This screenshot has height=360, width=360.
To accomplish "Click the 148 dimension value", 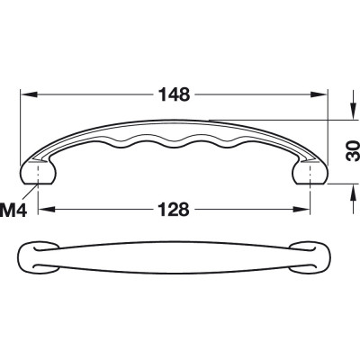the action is tap(174, 94).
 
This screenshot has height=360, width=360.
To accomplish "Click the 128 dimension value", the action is tap(174, 209).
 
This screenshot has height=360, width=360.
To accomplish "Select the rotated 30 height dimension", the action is tap(353, 151).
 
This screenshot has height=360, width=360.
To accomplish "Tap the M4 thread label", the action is tap(13, 210).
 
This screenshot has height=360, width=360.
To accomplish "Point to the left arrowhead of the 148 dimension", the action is tap(29, 94).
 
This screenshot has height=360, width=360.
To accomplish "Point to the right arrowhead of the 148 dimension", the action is tap(318, 94).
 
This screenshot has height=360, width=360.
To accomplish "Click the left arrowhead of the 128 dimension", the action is tap(47, 209).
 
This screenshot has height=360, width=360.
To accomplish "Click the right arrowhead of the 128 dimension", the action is tap(301, 209).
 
